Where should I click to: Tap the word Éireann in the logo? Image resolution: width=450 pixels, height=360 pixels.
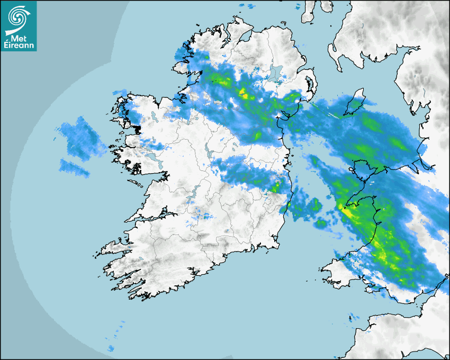pyautogui.click(x=19, y=46)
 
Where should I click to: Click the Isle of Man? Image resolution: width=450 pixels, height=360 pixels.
pyautogui.click(x=354, y=103)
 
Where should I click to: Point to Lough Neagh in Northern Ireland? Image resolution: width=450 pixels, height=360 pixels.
pyautogui.click(x=275, y=73)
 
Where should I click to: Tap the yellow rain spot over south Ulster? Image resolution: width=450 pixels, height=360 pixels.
pyautogui.click(x=244, y=94)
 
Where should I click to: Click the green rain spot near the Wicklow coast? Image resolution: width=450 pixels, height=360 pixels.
pyautogui.click(x=275, y=186)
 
